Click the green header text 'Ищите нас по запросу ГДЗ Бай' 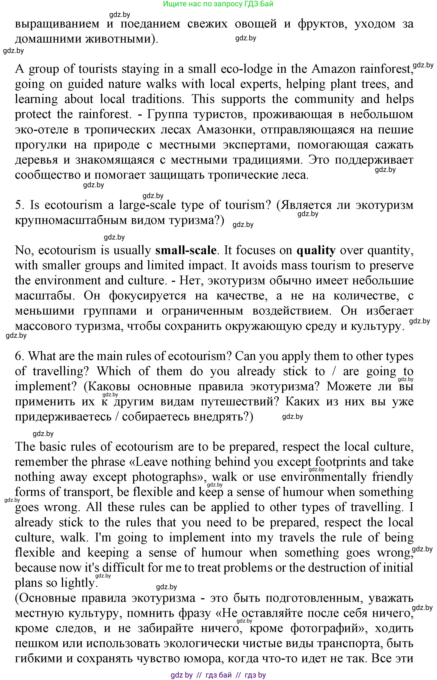(x=218, y=4)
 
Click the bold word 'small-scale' (x=186, y=250)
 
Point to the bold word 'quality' (x=316, y=250)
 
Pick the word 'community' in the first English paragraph (x=324, y=99)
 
